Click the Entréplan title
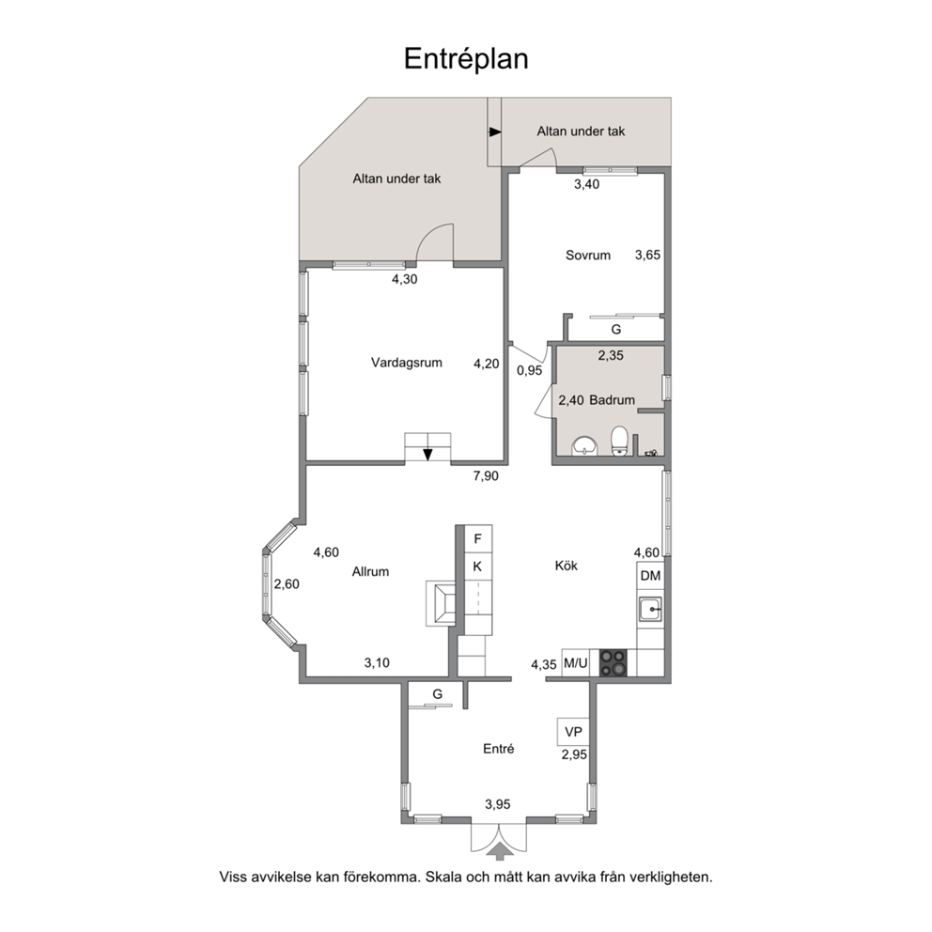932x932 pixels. click(466, 59)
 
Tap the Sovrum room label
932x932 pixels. click(588, 256)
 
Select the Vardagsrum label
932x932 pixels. click(407, 363)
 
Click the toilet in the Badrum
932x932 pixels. click(619, 441)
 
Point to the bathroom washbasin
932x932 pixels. click(585, 445)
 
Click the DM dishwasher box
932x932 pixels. click(650, 575)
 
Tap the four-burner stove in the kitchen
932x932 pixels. click(613, 662)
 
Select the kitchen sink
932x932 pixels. click(650, 610)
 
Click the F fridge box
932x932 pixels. click(478, 539)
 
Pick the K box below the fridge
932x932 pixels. click(478, 567)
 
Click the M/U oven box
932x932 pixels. click(575, 662)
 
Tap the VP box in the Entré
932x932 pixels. click(573, 732)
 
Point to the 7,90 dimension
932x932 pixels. click(486, 476)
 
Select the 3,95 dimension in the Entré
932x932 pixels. click(498, 805)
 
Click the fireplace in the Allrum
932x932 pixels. click(441, 603)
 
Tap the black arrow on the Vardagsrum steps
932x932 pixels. click(428, 455)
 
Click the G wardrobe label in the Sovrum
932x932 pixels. click(615, 329)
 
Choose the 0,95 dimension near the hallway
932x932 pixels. click(529, 370)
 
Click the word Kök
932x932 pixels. click(567, 566)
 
